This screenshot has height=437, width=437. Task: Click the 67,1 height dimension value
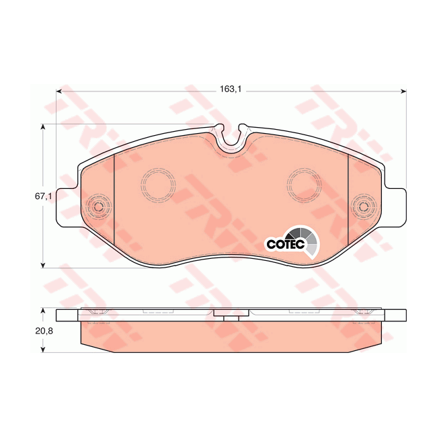coord(43,196)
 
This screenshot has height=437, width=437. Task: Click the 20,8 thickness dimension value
coord(43,330)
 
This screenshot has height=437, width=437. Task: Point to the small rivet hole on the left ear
coord(97,206)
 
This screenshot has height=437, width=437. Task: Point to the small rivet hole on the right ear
coord(364,206)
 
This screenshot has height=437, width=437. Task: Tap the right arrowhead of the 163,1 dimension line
coord(403,91)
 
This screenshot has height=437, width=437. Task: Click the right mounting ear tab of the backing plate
coord(396,206)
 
